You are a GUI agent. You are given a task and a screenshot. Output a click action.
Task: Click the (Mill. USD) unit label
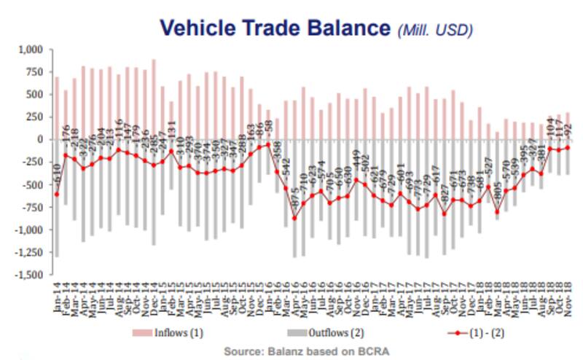coord(435,31)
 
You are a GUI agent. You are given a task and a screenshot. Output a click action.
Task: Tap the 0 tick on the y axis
coord(40,139)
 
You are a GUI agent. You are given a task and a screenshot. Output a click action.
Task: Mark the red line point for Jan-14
coord(57,194)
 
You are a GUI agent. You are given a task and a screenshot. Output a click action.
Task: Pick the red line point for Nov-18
coord(567,147)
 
